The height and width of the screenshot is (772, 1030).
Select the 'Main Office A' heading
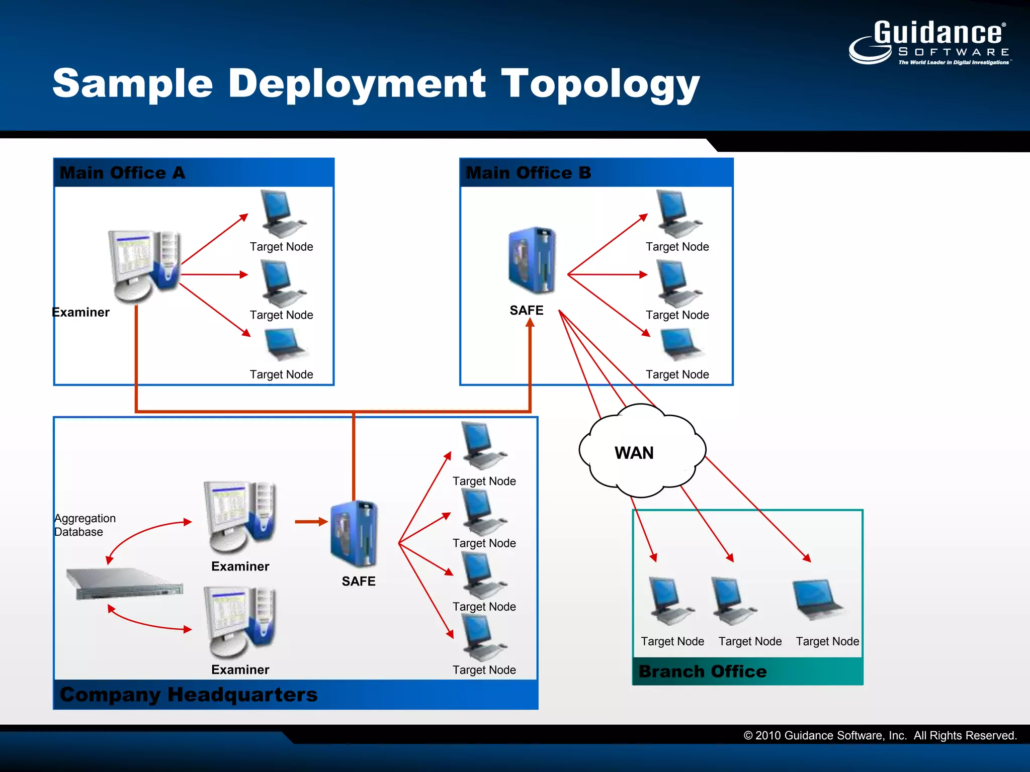click(x=122, y=173)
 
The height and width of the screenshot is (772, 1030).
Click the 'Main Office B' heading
click(x=528, y=173)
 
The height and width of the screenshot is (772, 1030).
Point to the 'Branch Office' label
click(x=702, y=671)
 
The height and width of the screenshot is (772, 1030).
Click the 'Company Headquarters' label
click(x=189, y=695)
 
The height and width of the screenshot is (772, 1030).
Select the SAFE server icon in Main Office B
click(x=532, y=260)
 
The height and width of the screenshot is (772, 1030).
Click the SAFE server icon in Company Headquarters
click(x=354, y=534)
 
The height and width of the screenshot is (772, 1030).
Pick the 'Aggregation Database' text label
click(x=84, y=525)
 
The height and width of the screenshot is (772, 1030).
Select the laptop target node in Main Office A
click(x=285, y=344)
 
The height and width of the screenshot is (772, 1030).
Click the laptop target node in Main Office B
click(x=680, y=344)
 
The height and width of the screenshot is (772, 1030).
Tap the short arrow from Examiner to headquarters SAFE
click(x=311, y=522)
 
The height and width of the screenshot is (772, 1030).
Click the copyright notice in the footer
click(x=880, y=735)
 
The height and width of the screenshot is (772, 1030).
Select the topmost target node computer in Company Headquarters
click(x=482, y=445)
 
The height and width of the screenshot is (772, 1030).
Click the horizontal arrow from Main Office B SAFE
click(x=608, y=274)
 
